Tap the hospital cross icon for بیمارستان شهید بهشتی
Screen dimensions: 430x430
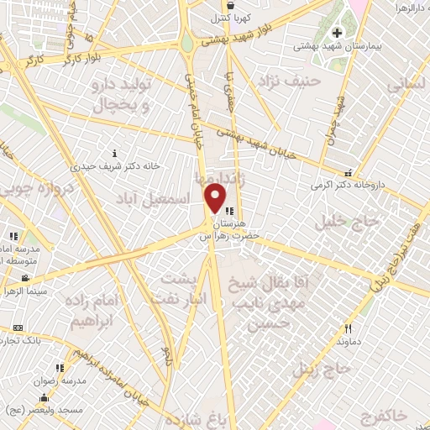[x=337, y=33]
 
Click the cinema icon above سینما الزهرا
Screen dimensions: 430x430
[x=26, y=278]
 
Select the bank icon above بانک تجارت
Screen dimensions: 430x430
[x=19, y=327]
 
